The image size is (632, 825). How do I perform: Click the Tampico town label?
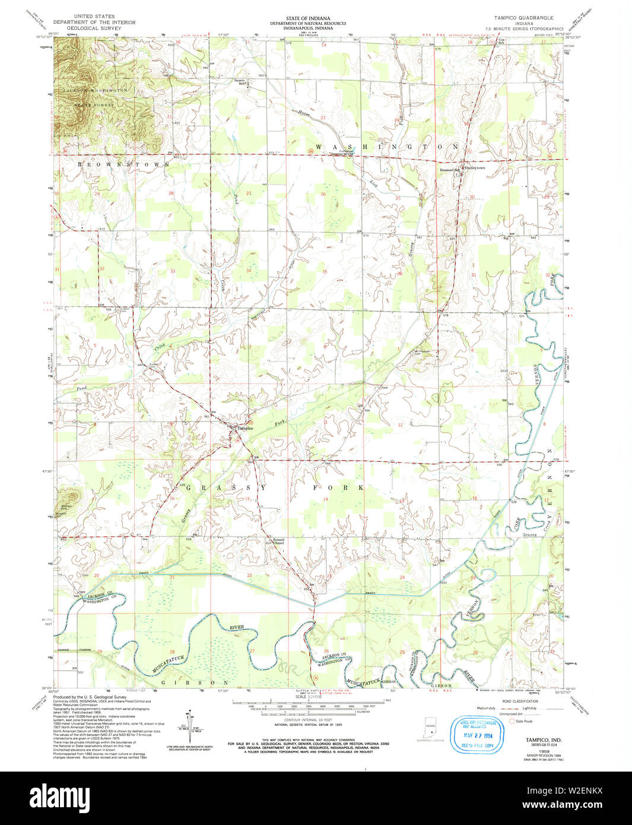click(246, 429)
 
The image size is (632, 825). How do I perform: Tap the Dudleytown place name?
click(474, 168)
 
